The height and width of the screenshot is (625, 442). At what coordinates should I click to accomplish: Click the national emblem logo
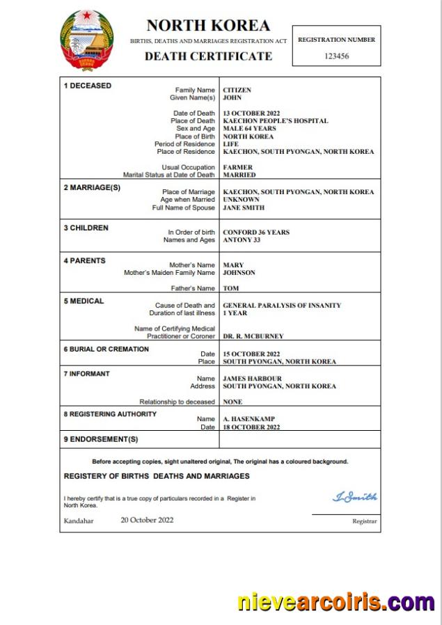tap(87, 40)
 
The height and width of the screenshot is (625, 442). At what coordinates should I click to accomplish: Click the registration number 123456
tap(336, 56)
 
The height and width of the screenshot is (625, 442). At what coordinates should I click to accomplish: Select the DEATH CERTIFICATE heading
tap(208, 56)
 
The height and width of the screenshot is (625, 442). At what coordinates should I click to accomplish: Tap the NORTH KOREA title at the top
tap(208, 26)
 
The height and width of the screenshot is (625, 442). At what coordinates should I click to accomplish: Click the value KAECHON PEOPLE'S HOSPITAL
tap(275, 121)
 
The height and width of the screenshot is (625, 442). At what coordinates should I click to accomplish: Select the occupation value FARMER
tap(238, 168)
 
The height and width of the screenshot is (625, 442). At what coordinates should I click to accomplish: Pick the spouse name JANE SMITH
tap(244, 207)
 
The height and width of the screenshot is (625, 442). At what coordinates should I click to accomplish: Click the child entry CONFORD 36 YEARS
tap(256, 232)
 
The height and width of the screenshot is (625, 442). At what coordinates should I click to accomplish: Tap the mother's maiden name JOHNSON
tap(239, 273)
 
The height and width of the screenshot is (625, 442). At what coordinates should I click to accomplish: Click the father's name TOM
tap(230, 288)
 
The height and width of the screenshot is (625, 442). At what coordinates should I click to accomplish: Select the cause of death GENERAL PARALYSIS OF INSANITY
tap(282, 306)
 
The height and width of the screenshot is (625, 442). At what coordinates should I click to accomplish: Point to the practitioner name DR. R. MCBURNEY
tap(253, 336)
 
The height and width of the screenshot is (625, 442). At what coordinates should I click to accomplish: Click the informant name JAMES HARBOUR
tap(251, 379)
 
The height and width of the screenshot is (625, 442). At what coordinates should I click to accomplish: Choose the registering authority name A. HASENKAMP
tap(250, 419)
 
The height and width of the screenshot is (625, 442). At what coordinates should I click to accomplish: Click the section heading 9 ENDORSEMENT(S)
tap(101, 439)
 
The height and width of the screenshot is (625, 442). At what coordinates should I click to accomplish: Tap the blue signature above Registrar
tap(355, 497)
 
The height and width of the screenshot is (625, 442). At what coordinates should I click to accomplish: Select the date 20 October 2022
tap(147, 520)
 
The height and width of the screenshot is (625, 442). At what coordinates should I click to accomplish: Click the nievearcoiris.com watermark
tap(336, 601)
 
